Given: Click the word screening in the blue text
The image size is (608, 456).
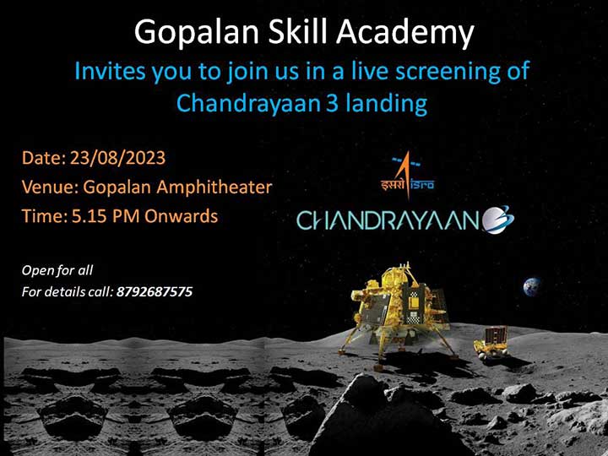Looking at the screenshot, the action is [x=450, y=72].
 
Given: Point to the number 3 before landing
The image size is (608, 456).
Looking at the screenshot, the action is [x=332, y=104].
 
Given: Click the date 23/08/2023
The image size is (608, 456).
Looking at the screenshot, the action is [x=117, y=158].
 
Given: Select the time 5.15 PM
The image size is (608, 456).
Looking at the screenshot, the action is [x=106, y=216].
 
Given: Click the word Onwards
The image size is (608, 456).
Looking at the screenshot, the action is [x=181, y=216].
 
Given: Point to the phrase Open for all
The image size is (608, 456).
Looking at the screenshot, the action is [x=57, y=270].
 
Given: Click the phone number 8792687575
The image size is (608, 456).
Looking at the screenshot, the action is [x=155, y=291].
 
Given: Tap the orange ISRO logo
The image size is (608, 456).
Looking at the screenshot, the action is [x=407, y=175].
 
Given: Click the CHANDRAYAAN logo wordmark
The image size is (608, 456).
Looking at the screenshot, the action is [x=388, y=220].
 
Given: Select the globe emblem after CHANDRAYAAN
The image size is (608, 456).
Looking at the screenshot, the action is [x=498, y=220].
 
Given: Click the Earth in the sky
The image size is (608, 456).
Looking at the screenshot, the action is [x=532, y=287].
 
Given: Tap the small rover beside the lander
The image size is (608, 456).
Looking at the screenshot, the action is [x=491, y=344].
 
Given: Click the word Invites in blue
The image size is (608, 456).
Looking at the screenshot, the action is [x=110, y=71].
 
